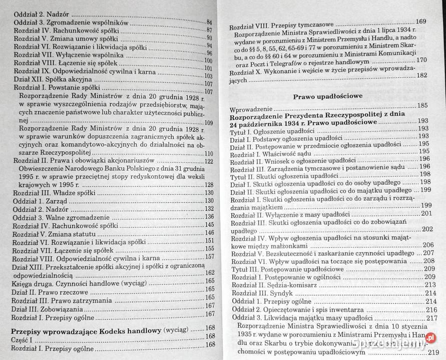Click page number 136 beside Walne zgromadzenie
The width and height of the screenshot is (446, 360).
pos(209,217)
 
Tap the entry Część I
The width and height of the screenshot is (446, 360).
pos(23,338)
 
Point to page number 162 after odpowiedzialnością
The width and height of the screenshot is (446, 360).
pos(209,273)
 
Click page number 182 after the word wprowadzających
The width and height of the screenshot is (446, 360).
pos(421,76)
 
